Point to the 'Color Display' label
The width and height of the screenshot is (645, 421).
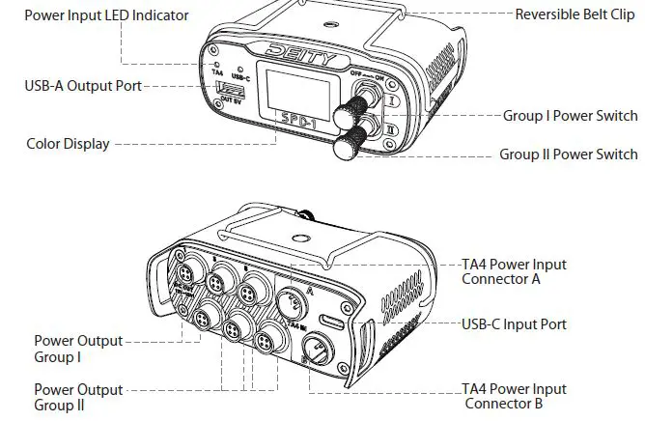coord(68,144)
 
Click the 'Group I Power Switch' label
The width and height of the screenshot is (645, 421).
coord(570,115)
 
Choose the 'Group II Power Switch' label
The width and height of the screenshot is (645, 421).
coord(568,154)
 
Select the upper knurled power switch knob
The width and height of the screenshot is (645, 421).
coord(345,115)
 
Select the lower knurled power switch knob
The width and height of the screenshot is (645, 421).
coord(349,148)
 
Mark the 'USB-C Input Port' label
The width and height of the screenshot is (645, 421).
coord(514,324)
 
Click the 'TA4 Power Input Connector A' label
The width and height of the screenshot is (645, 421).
coord(514,271)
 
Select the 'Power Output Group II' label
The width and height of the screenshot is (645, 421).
coord(78,397)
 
